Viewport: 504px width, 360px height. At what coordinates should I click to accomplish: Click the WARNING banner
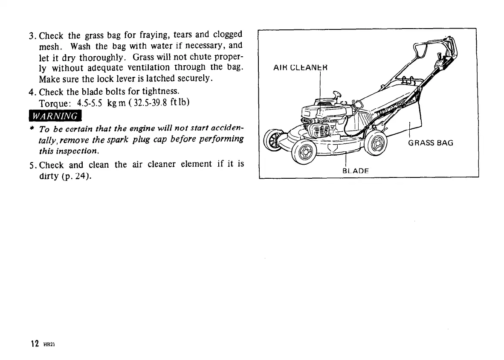point(55,116)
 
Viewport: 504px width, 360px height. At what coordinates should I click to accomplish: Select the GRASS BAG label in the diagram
point(430,143)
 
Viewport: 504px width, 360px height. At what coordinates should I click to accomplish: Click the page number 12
point(35,344)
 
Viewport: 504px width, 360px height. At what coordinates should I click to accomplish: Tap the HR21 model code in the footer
point(46,345)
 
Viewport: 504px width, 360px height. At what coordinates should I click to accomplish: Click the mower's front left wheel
point(304,151)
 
